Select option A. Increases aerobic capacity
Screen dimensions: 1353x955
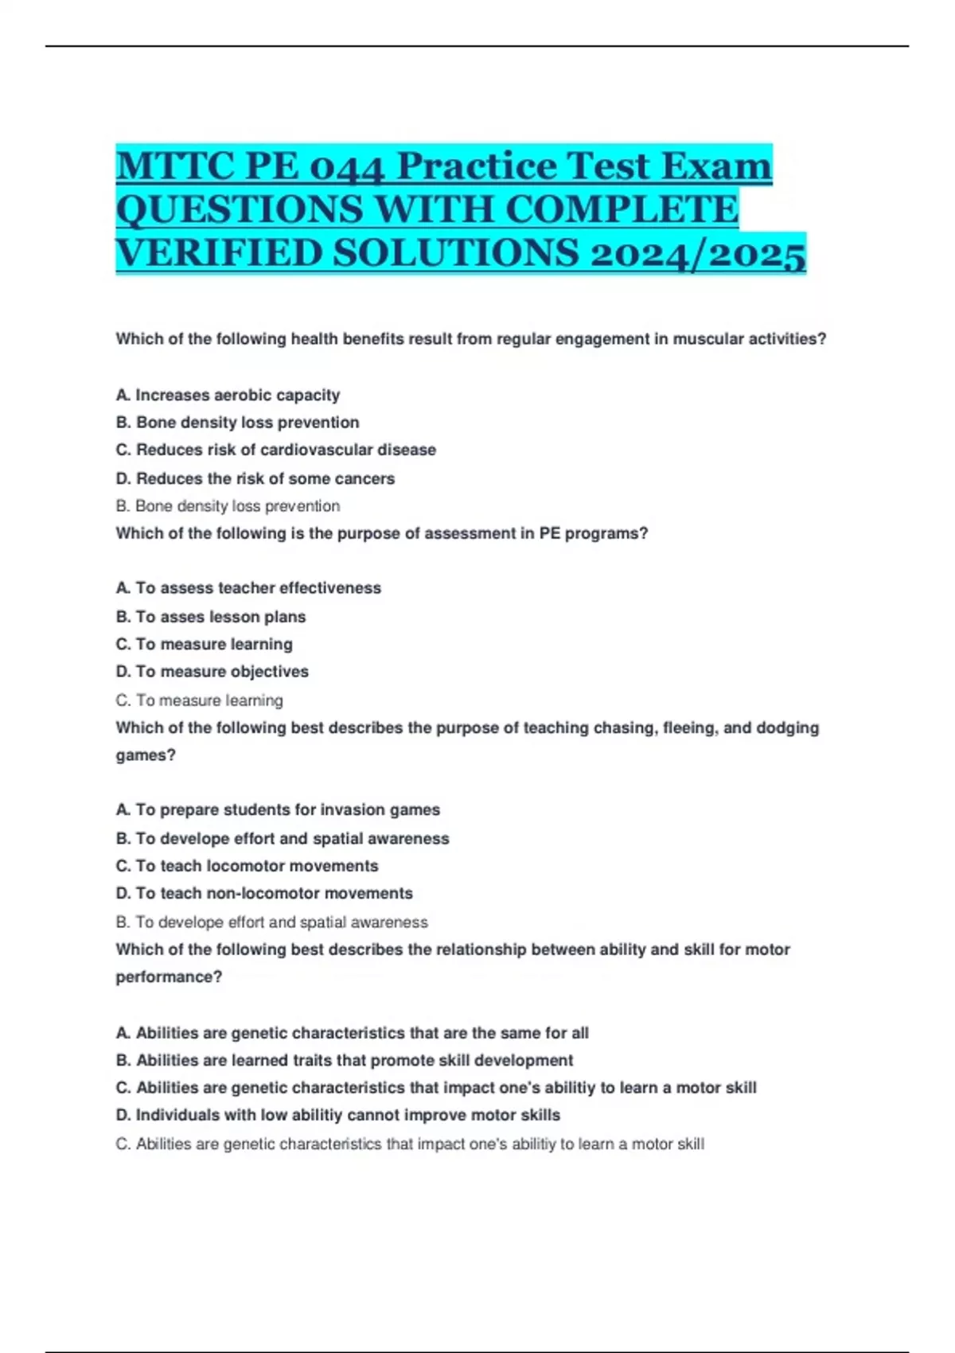[x=228, y=396]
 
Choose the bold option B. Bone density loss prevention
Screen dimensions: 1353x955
[x=237, y=423]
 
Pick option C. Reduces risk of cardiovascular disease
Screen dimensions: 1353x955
[x=275, y=450]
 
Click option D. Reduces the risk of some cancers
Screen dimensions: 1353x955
[x=255, y=478]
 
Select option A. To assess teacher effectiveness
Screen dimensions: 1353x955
[x=248, y=588]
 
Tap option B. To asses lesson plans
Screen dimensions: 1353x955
[x=211, y=617]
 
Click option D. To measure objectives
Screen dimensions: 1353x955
[x=212, y=672]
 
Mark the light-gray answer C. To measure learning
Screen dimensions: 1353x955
[x=199, y=700]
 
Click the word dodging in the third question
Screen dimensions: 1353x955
[x=779, y=727]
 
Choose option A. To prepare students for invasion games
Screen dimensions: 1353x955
[x=278, y=810]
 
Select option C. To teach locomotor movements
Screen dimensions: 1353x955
[x=247, y=866]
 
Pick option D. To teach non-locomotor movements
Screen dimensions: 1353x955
[x=264, y=894]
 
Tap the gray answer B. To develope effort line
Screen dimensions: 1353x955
[x=271, y=922]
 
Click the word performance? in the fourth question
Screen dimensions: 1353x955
[x=169, y=977]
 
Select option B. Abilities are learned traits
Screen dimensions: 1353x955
[x=344, y=1060]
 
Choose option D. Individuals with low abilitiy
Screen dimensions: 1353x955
[x=337, y=1115]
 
